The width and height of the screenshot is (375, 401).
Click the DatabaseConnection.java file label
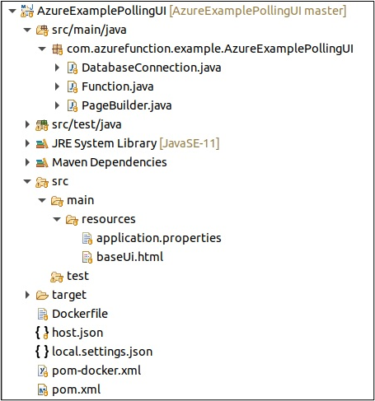pos(152,68)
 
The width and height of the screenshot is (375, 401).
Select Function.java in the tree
pos(118,86)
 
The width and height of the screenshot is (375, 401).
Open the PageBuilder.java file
pos(127,105)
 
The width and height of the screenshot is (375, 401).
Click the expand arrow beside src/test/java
pos(27,124)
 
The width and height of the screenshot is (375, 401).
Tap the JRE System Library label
pos(105,143)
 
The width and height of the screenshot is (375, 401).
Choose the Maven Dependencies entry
pos(110,162)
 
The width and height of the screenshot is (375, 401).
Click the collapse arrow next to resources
pos(57,219)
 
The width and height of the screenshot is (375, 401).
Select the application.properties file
pos(159,238)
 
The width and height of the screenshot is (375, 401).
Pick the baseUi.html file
pos(130,257)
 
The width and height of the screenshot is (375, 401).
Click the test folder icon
pos(57,277)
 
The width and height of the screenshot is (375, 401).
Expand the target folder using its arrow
pos(27,295)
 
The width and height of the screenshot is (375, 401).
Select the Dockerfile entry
pos(80,314)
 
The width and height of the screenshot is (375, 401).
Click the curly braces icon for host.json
pos(42,333)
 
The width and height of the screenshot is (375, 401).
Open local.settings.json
pos(102,352)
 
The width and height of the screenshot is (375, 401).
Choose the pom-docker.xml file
pos(96,371)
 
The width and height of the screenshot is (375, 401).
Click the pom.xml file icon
pos(43,389)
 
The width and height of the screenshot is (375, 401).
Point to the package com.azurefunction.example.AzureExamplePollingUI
pos(210,49)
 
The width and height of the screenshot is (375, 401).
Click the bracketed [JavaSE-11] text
pos(190,143)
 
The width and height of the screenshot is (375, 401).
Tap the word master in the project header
pos(323,11)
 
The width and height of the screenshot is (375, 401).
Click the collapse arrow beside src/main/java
pos(27,30)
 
